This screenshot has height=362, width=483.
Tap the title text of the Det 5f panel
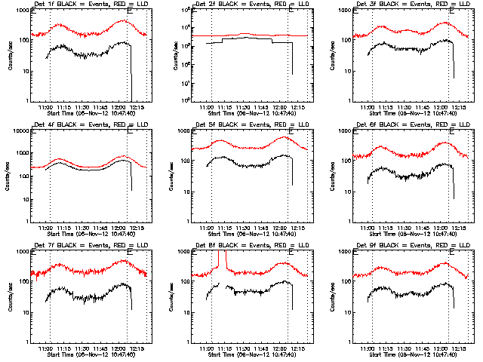click(x=246, y=126)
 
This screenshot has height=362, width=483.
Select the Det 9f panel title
click(x=408, y=247)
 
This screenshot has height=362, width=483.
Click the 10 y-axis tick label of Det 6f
click(x=346, y=192)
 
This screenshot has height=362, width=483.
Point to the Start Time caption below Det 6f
click(x=408, y=235)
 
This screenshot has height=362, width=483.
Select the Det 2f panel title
click(x=246, y=5)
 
